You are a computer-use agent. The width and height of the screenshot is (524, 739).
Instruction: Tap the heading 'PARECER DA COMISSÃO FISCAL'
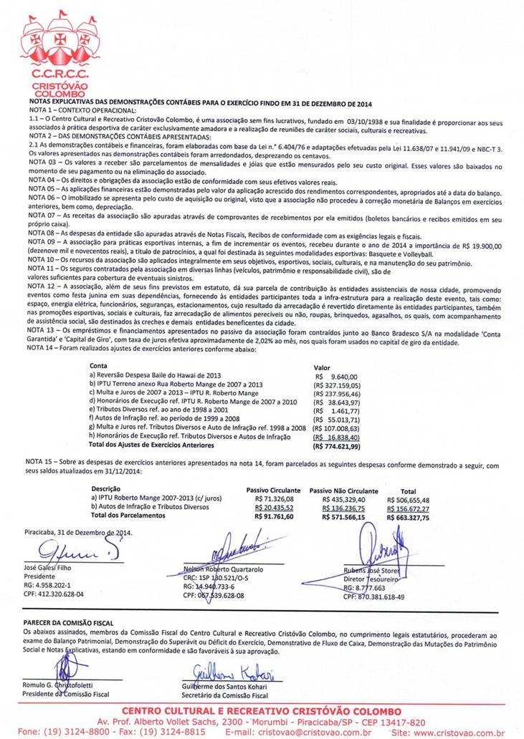[67, 624]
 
